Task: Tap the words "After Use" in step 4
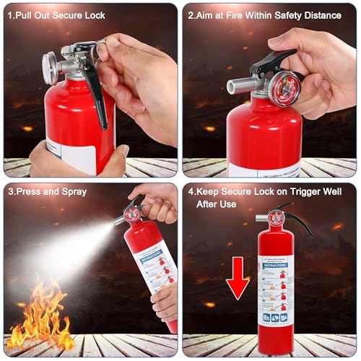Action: pyautogui.click(x=219, y=204)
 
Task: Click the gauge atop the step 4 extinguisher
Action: pyautogui.click(x=276, y=216)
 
